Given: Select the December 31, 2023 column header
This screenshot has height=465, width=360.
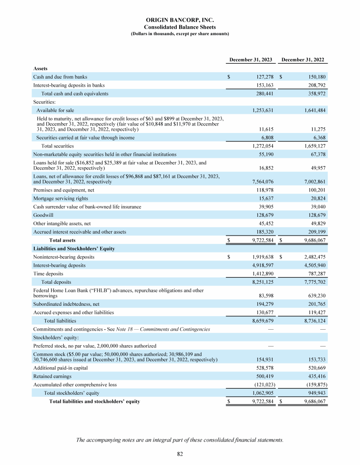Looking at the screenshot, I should (251, 60).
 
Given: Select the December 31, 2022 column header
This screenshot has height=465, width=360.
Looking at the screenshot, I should (303, 60).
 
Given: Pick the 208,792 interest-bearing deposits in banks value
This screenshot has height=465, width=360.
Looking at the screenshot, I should (314, 85).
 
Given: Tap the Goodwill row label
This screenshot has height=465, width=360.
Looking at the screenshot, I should (43, 215).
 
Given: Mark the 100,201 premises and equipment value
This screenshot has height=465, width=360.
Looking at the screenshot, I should (314, 190).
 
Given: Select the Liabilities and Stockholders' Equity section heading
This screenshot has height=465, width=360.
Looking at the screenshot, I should (74, 249).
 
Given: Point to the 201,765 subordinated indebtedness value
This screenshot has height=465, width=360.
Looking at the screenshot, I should (314, 303).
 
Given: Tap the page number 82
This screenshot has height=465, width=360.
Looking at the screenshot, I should (180, 454).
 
